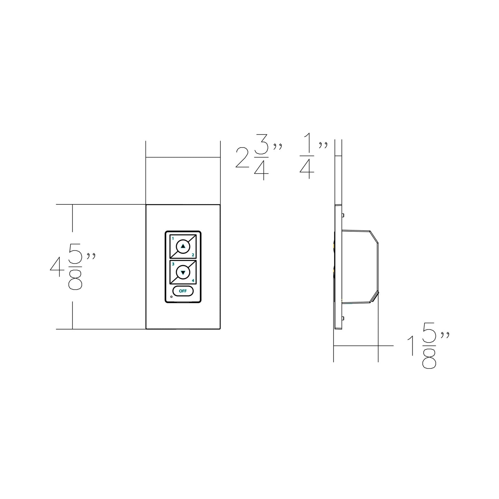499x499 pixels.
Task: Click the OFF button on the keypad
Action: (183, 291)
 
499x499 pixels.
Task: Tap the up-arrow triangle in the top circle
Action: (183, 246)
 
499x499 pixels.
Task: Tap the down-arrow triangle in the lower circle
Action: (183, 272)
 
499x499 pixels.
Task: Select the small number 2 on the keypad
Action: (193, 255)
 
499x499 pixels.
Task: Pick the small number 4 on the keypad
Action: (193, 280)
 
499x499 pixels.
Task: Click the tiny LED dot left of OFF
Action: (172, 297)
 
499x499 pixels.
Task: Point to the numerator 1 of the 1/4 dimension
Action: (307, 144)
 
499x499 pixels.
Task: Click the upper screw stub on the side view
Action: (343, 215)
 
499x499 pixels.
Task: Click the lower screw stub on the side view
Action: (343, 318)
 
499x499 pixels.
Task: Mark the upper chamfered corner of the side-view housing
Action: (374, 236)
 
